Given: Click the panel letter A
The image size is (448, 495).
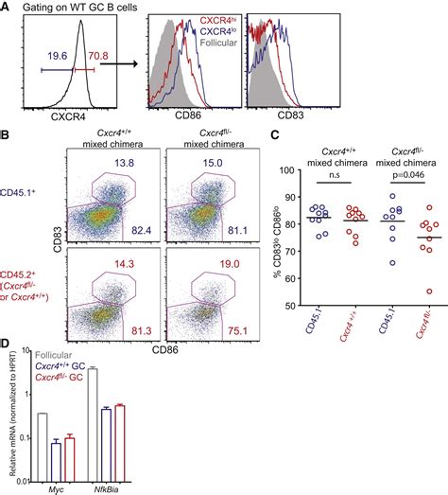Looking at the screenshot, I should [8, 9].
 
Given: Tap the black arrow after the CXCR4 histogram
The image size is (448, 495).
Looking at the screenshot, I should [131, 67].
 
